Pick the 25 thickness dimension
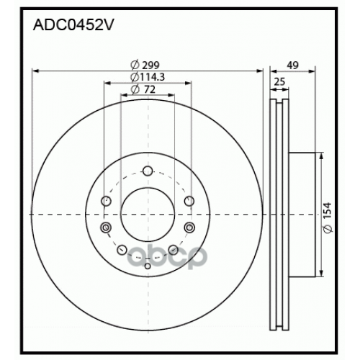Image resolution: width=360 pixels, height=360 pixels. (x=279, y=83)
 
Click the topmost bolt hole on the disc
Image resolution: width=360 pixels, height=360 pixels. (x=148, y=171)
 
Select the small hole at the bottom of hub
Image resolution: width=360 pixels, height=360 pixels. (x=148, y=266)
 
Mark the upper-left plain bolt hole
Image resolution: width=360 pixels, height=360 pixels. (x=106, y=201)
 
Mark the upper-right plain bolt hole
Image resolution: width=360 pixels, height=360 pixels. (x=189, y=201)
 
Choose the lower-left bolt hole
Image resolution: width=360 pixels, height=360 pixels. (x=122, y=250)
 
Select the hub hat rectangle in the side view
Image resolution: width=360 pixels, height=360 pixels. (x=302, y=213)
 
